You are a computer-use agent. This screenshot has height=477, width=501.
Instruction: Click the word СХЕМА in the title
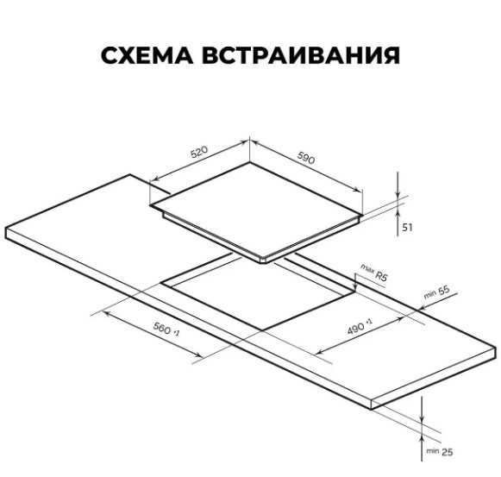pyautogui.click(x=147, y=55)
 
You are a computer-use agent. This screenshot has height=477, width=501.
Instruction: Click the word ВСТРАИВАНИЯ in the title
pyautogui.click(x=301, y=55)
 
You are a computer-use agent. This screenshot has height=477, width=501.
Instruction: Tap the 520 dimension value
pyautogui.click(x=199, y=152)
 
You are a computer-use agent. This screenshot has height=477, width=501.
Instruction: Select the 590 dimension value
pyautogui.click(x=306, y=158)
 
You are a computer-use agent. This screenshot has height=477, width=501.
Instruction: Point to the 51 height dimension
pyautogui.click(x=407, y=228)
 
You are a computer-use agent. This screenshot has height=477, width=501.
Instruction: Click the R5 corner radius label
pyautogui.click(x=381, y=275)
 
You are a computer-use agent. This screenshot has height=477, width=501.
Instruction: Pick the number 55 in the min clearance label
pyautogui.click(x=443, y=291)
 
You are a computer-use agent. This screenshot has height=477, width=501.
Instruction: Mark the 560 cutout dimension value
pyautogui.click(x=162, y=329)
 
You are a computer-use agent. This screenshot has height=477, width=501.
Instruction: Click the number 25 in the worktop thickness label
pyautogui.click(x=447, y=452)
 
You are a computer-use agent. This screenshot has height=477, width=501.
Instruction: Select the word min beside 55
pyautogui.click(x=429, y=294)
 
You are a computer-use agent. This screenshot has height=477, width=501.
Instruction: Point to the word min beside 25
pyautogui.click(x=433, y=451)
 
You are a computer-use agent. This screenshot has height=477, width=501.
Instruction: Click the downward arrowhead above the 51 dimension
pyautogui.click(x=398, y=194)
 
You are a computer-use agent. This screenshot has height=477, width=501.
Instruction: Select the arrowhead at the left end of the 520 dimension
pyautogui.click(x=155, y=179)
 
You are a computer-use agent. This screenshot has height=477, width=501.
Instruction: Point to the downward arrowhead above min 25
pyautogui.click(x=422, y=417)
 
